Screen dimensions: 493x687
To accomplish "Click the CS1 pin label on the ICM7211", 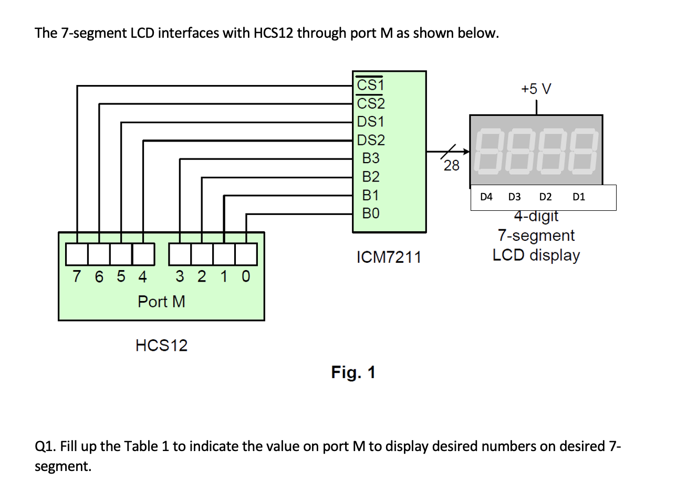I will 370,85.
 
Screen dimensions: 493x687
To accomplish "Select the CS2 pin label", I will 370,103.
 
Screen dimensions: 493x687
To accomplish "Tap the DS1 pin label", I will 370,122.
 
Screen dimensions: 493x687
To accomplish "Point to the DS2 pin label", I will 370,140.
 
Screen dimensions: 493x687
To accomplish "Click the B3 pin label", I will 370,158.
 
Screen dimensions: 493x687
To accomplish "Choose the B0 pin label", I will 370,213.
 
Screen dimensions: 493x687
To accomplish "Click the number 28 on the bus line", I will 451,166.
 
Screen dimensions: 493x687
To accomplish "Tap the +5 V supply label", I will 536,89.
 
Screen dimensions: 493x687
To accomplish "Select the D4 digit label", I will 486,197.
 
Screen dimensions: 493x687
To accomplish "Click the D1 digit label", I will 578,197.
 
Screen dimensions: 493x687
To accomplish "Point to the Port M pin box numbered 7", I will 77,254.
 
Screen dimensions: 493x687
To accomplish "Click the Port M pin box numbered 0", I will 246,254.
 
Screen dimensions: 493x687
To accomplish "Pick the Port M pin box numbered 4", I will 143,254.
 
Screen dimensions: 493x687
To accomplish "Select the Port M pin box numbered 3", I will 180,254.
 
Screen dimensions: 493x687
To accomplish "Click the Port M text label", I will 161,302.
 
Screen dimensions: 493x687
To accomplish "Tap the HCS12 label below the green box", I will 161,346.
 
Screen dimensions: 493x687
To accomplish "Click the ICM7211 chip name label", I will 389,258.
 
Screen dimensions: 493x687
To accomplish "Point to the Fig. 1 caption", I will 353,372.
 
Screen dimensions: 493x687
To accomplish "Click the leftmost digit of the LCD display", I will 488,153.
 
